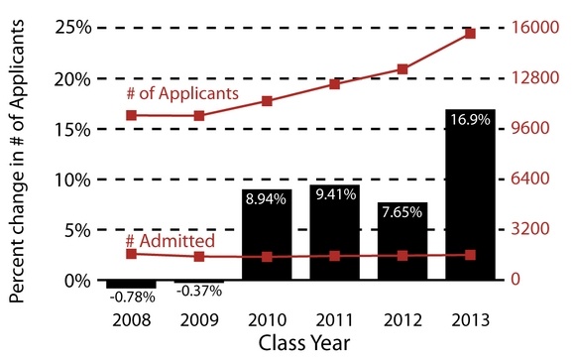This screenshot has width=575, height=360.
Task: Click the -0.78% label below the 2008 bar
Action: point(130,296)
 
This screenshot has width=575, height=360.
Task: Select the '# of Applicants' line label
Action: point(181,92)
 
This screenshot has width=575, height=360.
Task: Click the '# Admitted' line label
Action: point(170,241)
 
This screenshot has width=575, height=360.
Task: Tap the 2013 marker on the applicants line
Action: point(470,34)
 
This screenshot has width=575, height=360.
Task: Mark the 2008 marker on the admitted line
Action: point(131,254)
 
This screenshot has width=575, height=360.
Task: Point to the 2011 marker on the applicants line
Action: point(334,84)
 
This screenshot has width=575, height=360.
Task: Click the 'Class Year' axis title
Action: point(300,342)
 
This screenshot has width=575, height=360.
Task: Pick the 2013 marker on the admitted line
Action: point(470,255)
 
